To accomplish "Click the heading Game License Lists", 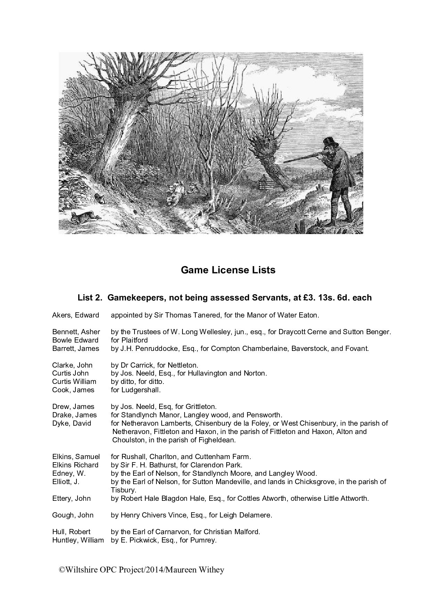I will point(228,270).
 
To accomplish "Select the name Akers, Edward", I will point(75,315).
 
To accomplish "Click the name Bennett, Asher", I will point(76,332).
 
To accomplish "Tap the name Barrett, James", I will point(75,348).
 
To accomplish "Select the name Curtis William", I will point(74,382).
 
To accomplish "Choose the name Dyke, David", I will point(72,423).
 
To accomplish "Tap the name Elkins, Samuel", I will point(76,457).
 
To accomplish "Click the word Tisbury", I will point(123,490).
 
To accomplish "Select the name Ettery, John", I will point(71,498).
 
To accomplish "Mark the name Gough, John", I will point(73,515).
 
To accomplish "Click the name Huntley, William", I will point(78,540).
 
